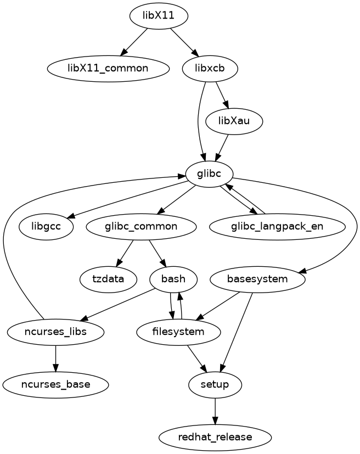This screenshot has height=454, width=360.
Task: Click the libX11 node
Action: (159, 16)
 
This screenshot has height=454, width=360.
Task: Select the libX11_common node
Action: (108, 68)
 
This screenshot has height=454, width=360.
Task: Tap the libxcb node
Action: (209, 68)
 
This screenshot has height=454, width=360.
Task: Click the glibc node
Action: (210, 173)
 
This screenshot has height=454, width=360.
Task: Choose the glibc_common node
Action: (141, 226)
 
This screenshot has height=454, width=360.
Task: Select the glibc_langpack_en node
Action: (277, 226)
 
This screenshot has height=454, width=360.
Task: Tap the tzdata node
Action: (108, 279)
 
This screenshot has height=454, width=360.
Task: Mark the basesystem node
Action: (257, 279)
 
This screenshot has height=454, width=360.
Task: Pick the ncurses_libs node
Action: (55, 332)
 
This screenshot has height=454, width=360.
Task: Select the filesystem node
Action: (178, 332)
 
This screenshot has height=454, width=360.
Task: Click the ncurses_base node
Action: (55, 384)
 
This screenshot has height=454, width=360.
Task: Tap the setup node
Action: (215, 384)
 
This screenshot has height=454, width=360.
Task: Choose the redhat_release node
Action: (215, 437)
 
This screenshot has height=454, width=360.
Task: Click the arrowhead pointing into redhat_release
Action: (215, 421)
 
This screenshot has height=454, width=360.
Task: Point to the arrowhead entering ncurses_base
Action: (55, 368)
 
